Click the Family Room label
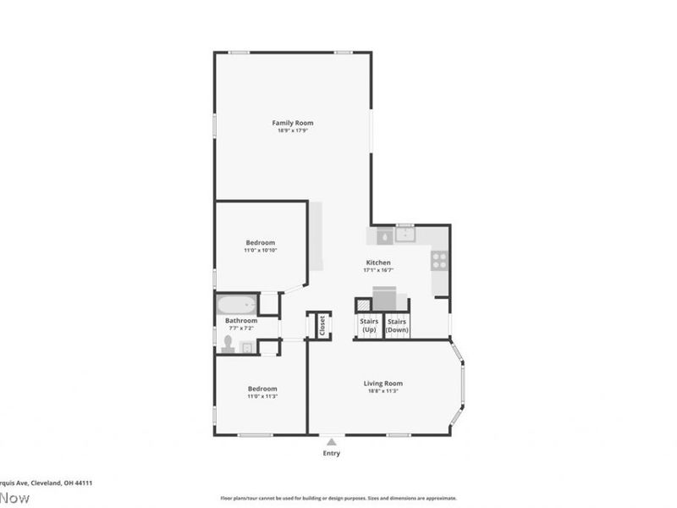[292, 123]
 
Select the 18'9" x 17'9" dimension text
[292, 131]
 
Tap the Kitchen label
[377, 262]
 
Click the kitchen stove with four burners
[439, 261]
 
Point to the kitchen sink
[406, 234]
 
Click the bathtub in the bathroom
[237, 304]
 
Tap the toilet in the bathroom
[228, 343]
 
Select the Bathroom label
[241, 321]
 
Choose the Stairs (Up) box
[369, 326]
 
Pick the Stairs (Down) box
[397, 326]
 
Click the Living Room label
[383, 383]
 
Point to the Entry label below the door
[332, 453]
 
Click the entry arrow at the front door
[332, 440]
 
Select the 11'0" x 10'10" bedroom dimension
[261, 251]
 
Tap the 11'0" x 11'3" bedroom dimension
[261, 396]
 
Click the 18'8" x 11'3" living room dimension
[383, 391]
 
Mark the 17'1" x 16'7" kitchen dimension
[377, 271]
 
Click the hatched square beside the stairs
[363, 304]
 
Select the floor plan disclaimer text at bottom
[338, 498]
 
